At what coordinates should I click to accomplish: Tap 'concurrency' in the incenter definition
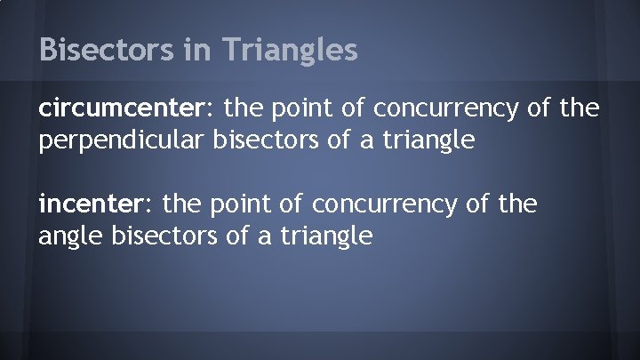tap(381, 205)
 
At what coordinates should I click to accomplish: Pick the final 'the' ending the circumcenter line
tap(580, 109)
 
